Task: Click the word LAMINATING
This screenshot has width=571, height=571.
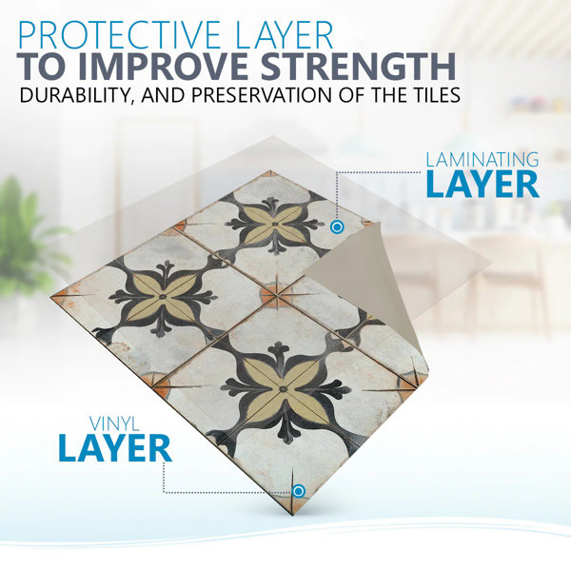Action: tap(482, 160)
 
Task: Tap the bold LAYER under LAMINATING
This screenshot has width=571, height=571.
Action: tap(482, 185)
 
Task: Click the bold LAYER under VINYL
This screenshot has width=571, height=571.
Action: tap(115, 448)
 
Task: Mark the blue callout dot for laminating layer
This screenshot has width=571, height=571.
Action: tap(337, 226)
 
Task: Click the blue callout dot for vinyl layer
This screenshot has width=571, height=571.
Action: tap(298, 491)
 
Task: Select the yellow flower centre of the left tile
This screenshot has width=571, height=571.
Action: tap(163, 296)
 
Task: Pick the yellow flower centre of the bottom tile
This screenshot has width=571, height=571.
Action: tap(283, 389)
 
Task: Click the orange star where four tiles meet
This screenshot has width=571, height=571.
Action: tap(278, 296)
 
